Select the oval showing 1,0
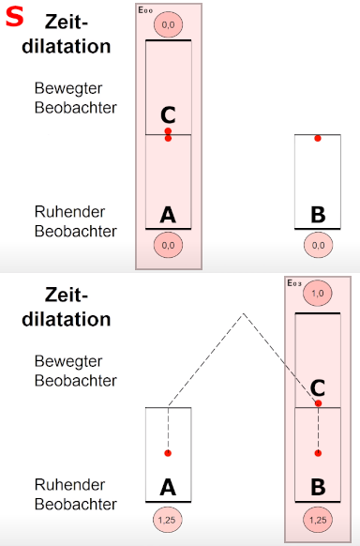point(318,295)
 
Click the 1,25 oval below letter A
point(168,519)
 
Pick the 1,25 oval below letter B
point(318,519)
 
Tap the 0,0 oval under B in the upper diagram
point(318,246)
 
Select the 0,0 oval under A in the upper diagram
point(168,246)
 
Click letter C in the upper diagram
point(168,114)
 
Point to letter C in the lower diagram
point(318,387)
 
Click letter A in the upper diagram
point(168,215)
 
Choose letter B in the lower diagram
point(318,488)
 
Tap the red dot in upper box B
point(318,138)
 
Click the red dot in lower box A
point(168,453)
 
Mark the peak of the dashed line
point(243,315)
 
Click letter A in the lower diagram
point(168,488)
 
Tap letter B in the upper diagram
point(318,215)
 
